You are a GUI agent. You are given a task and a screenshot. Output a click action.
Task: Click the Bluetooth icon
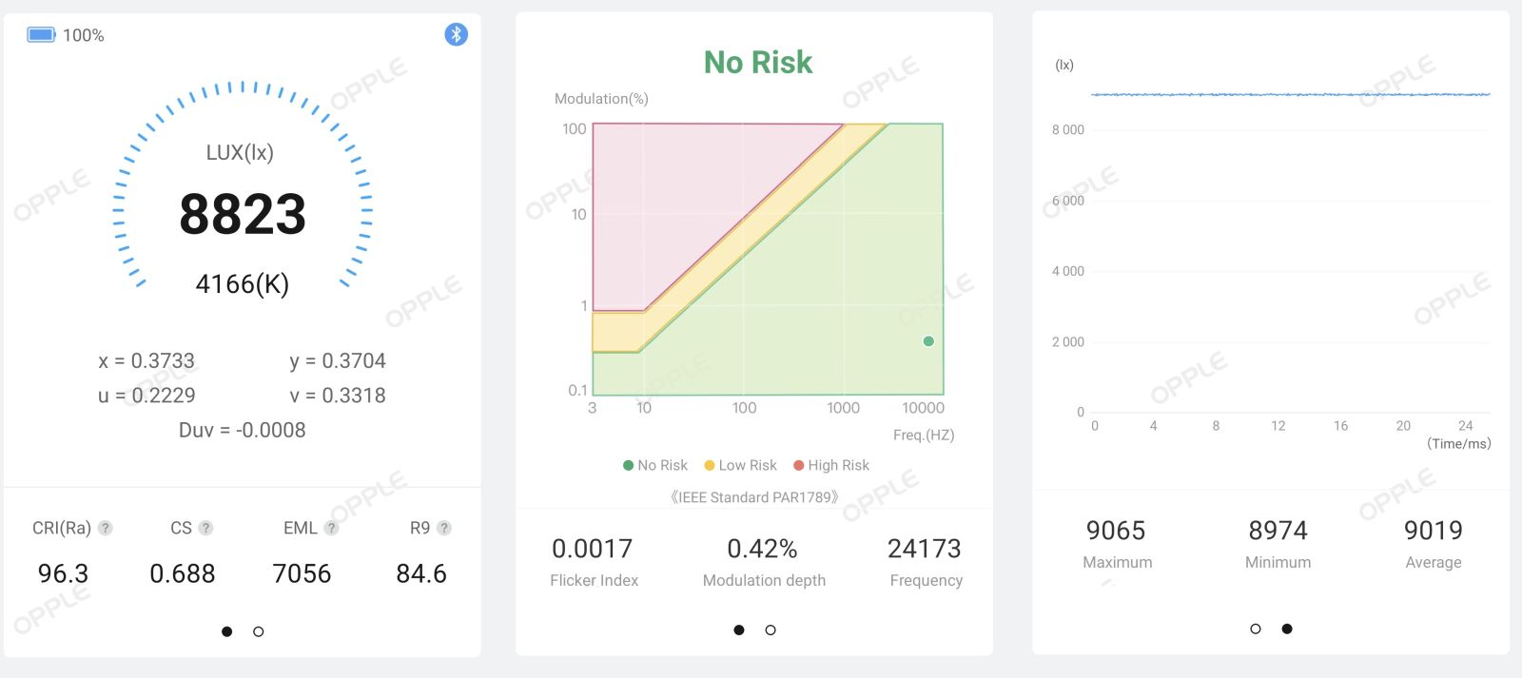tap(456, 34)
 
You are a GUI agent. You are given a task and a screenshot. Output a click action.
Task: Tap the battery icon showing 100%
tap(41, 34)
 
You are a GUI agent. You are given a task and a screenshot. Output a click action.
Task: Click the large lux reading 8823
tap(243, 214)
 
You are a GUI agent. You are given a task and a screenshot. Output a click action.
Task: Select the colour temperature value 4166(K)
tap(243, 284)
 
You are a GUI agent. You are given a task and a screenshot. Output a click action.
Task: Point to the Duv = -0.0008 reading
tap(242, 430)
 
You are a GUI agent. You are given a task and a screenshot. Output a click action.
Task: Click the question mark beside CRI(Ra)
tap(105, 528)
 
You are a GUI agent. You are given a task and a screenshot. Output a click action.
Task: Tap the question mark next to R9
tap(443, 528)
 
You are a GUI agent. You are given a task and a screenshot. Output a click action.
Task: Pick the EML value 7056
tap(302, 574)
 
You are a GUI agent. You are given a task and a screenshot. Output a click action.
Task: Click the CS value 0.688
tap(182, 574)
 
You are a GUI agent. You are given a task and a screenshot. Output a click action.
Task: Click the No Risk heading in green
tap(757, 63)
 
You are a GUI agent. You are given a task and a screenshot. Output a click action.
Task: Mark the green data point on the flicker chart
tap(928, 341)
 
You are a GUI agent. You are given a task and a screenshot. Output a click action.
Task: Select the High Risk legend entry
tap(831, 465)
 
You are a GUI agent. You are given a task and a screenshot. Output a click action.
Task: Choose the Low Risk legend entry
tap(740, 465)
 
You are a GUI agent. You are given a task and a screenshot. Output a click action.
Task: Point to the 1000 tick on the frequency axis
tap(843, 408)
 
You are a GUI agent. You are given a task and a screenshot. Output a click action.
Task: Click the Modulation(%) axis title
tap(601, 99)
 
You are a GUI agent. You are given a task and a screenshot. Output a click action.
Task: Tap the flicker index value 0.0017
tap(592, 549)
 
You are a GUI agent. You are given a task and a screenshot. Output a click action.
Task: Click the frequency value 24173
tap(924, 549)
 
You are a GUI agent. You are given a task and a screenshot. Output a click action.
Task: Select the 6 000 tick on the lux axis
tap(1067, 201)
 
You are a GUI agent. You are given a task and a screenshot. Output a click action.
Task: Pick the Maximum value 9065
tap(1116, 531)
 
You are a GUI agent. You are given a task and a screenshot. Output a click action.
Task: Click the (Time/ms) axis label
tap(1459, 444)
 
